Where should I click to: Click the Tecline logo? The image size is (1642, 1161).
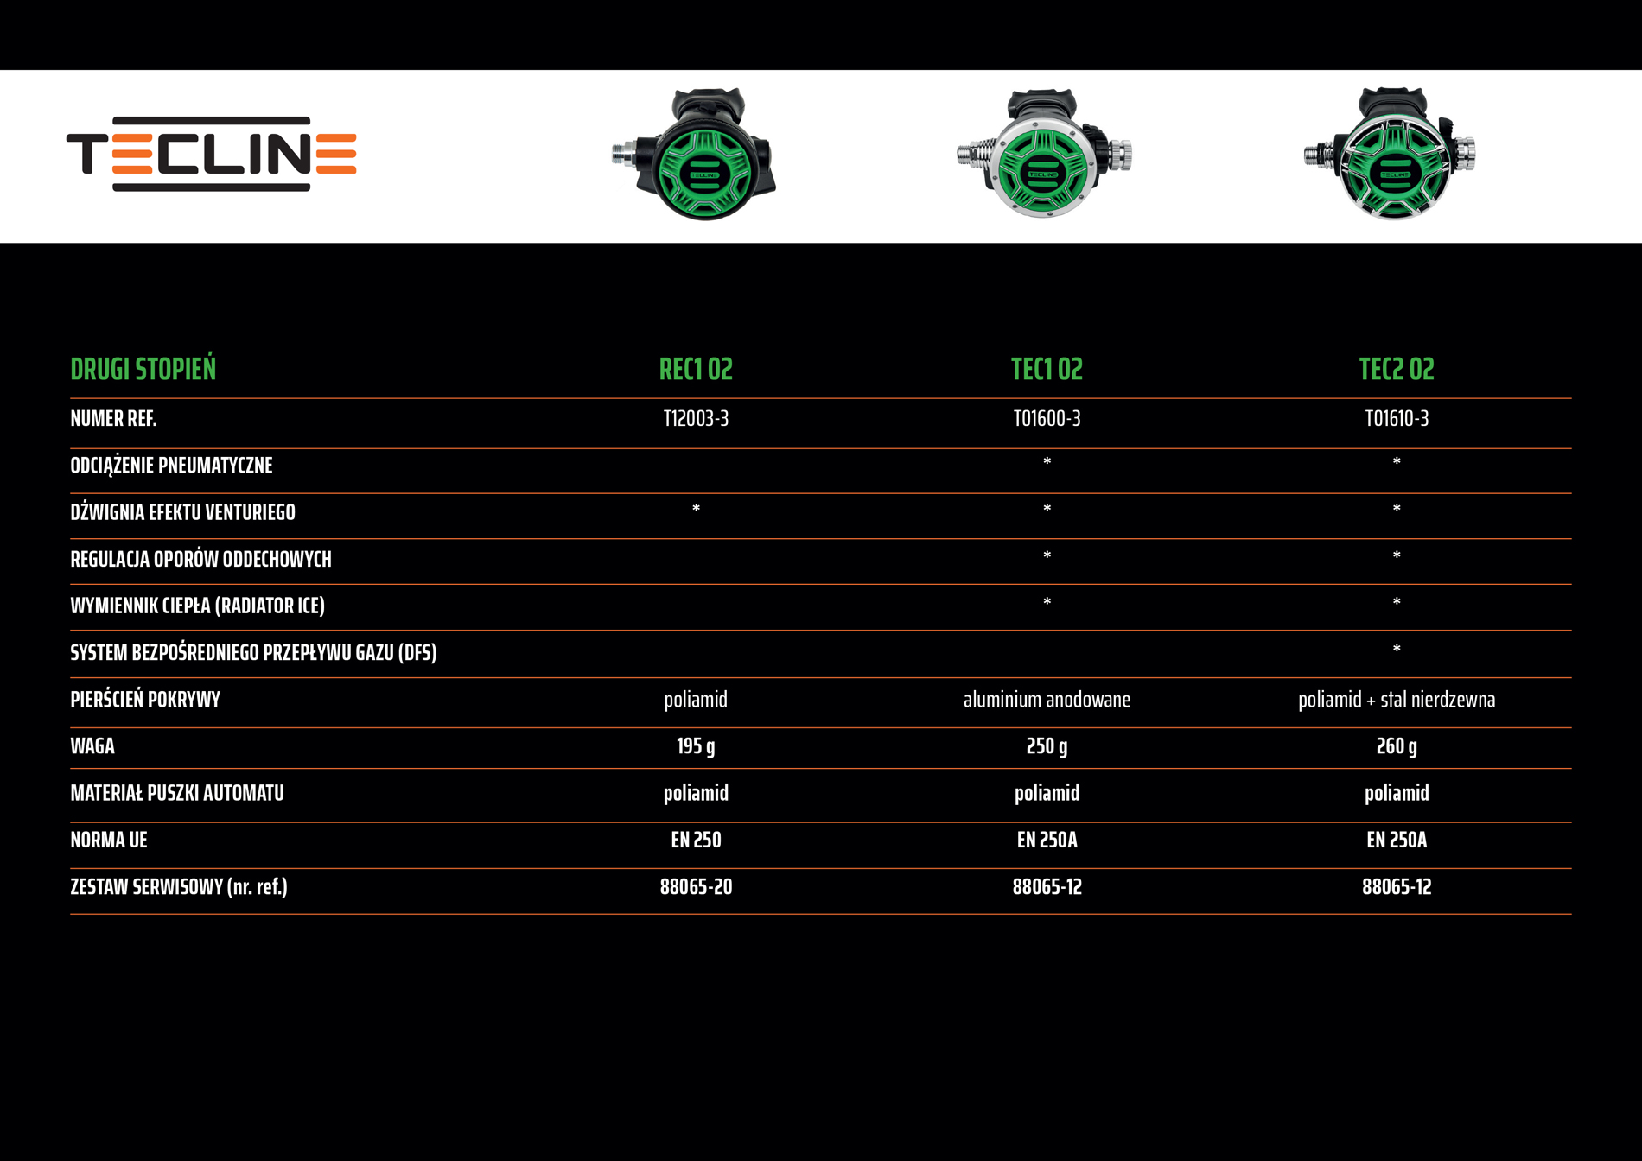212,154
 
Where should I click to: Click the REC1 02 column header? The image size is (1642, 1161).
696,370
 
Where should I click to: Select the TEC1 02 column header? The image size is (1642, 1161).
1047,370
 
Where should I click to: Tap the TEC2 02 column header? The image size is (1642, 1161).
1397,370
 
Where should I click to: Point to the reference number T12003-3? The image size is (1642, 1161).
696,419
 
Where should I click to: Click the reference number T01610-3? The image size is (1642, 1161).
1397,419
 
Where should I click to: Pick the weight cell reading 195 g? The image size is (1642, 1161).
696,746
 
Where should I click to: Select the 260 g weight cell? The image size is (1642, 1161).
1397,746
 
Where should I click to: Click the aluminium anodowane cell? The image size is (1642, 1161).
1047,700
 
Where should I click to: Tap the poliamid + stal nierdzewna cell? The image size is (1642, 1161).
1397,700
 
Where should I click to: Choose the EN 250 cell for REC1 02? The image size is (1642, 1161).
696,840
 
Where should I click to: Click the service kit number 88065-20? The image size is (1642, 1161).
696,887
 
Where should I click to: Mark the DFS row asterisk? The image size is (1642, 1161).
1397,650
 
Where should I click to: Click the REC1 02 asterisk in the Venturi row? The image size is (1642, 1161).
696,509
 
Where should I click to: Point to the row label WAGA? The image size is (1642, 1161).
92,746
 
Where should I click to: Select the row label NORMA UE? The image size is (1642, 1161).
109,840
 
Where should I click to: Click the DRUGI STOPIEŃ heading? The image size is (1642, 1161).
143,370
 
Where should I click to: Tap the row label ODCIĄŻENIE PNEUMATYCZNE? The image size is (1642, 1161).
171,466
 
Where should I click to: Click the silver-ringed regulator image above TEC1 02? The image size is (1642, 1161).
1044,155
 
